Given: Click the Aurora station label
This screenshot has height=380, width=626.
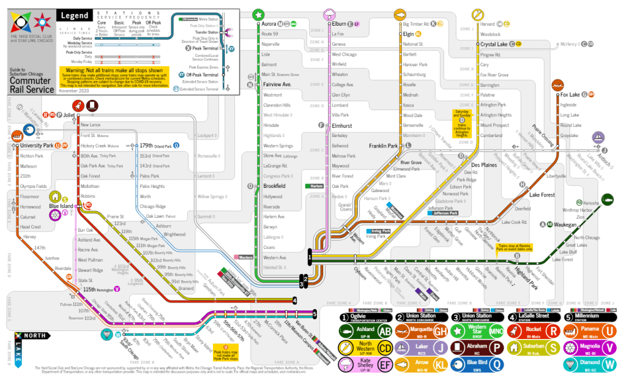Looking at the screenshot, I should pyautogui.click(x=269, y=24).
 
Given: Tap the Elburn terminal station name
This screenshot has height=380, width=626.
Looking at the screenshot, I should pyautogui.click(x=340, y=24).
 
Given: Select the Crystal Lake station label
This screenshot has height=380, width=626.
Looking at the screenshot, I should pyautogui.click(x=494, y=44).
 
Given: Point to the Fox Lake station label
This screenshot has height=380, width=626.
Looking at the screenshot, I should pyautogui.click(x=569, y=94).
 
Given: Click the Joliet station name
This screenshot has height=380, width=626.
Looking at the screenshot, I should pyautogui.click(x=68, y=114).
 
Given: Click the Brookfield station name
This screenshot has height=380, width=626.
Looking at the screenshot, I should pyautogui.click(x=274, y=185).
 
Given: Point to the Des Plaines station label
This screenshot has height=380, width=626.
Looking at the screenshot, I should pyautogui.click(x=483, y=165).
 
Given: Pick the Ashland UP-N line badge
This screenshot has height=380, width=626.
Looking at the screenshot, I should pyautogui.click(x=366, y=331).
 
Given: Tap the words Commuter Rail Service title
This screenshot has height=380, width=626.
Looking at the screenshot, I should pyautogui.click(x=31, y=85).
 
